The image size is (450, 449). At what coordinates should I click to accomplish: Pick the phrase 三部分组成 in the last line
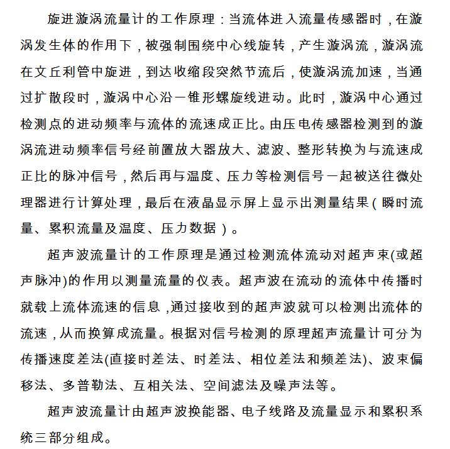pos(73,437)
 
